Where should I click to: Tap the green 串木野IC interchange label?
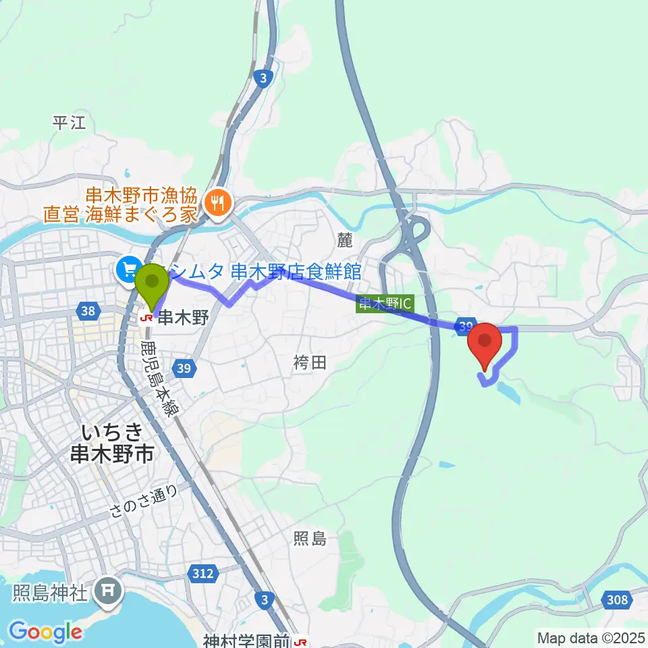(x=384, y=304)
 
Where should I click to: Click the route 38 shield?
(x=86, y=311)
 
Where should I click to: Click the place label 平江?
(x=70, y=122)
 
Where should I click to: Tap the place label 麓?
(x=345, y=238)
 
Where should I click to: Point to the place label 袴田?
(x=310, y=362)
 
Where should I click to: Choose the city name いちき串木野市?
(x=111, y=442)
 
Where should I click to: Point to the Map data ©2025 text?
(x=590, y=637)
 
